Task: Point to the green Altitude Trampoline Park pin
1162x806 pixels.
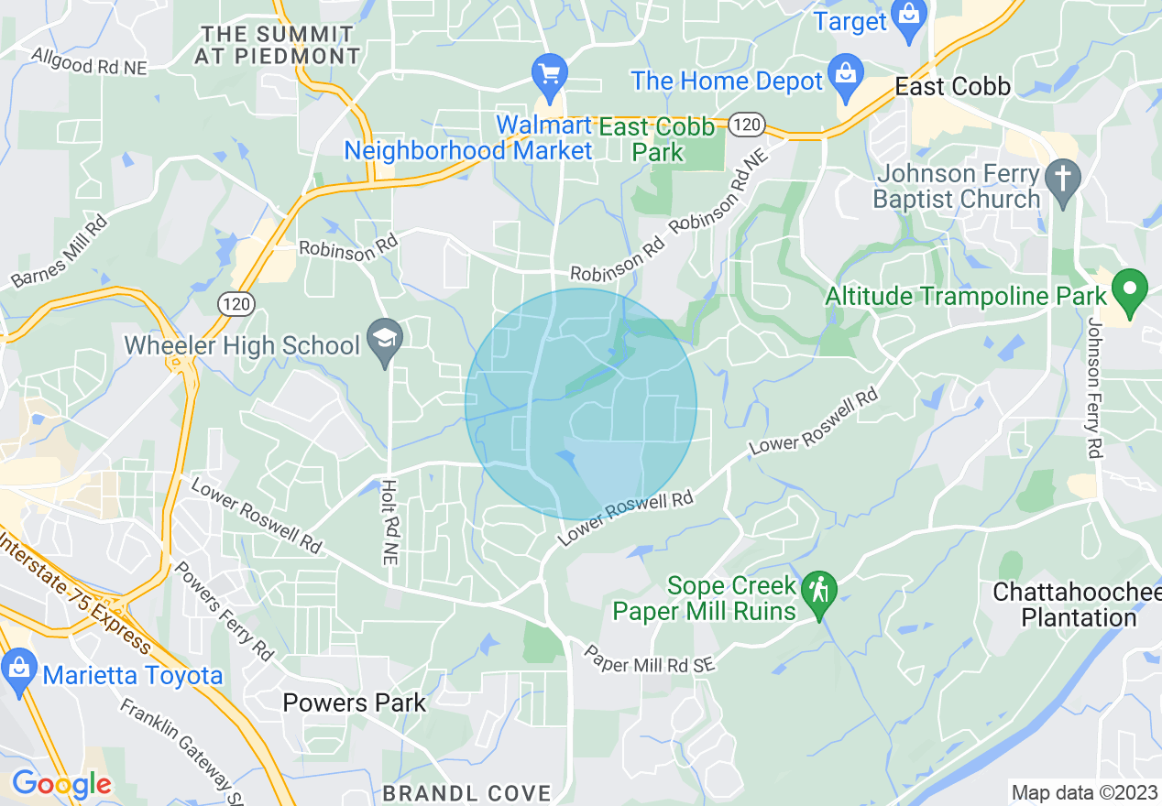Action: pos(1129,292)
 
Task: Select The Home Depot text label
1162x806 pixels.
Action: pos(727,81)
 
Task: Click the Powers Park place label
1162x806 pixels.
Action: pos(354,703)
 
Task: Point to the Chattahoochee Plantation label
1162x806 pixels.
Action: pos(1077,604)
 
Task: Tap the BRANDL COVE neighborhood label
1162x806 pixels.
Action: pos(467,792)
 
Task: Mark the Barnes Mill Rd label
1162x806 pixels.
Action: pos(60,251)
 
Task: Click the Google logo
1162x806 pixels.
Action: pos(61,784)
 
